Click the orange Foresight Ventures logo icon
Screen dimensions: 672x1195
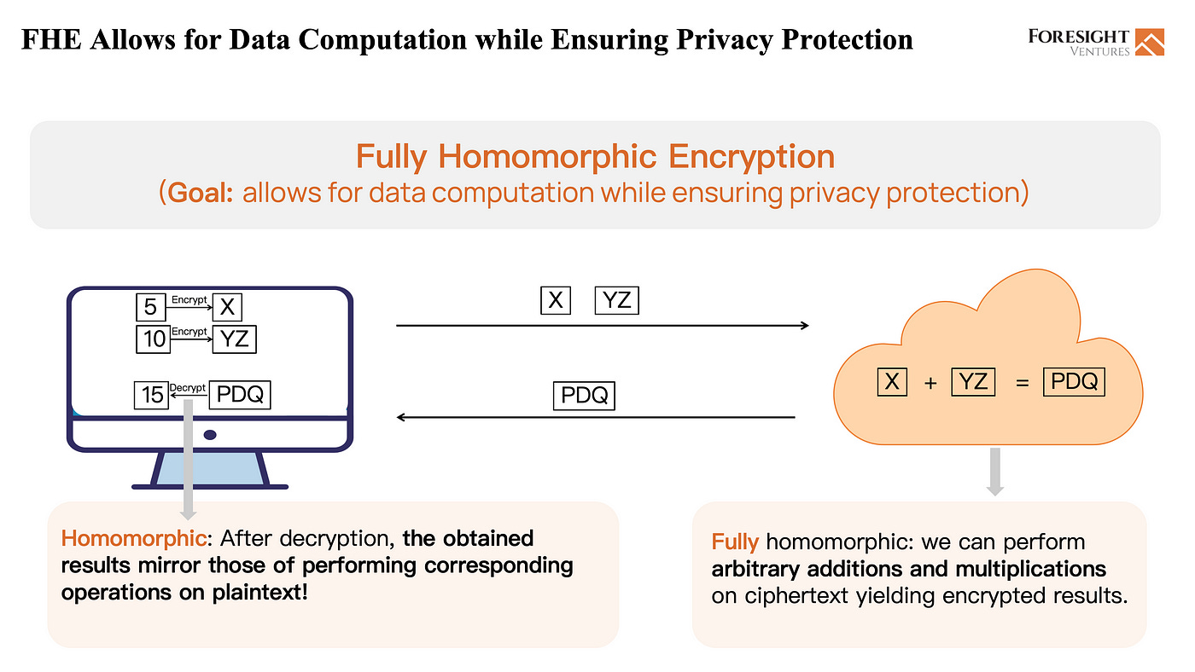pos(1149,42)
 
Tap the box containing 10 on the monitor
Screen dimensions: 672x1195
pos(154,339)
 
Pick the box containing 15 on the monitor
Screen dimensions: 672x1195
pos(151,395)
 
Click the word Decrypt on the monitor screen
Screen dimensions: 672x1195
pos(188,388)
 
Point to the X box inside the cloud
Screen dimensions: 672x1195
pos(892,381)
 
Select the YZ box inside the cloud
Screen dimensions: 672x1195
pos(973,381)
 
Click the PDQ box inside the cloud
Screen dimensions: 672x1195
pos(1074,381)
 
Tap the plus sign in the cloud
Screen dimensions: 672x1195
pos(930,384)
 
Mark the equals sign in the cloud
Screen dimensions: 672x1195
pos(1022,384)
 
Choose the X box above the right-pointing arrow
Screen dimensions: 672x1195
pos(556,300)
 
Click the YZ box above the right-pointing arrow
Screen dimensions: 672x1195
pos(616,300)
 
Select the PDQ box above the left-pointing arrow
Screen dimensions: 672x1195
pos(584,396)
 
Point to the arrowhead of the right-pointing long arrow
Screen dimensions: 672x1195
pos(803,326)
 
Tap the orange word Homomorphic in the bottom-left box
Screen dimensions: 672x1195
pos(133,538)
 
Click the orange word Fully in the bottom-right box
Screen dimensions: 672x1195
pos(735,542)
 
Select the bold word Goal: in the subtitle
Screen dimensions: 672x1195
pos(201,193)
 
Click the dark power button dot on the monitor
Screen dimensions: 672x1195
pos(210,435)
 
